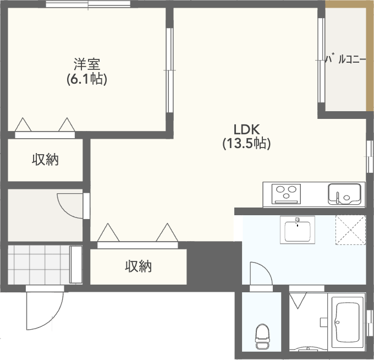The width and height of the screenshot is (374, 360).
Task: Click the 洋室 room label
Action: point(87,64)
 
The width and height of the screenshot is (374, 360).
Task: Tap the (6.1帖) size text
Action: point(87,79)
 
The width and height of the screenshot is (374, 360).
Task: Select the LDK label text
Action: point(246,129)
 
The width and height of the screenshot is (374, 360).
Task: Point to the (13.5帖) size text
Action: point(246,144)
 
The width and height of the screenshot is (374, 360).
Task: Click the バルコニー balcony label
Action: point(345,59)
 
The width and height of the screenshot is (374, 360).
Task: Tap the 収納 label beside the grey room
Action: point(45,160)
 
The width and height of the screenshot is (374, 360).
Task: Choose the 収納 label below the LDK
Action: point(139,266)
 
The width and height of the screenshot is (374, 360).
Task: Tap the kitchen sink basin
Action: point(344,194)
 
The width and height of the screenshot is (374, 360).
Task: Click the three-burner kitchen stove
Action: point(286,194)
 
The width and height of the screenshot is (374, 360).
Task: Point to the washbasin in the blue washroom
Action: point(298,230)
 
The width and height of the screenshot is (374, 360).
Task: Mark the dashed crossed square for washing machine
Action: point(351,230)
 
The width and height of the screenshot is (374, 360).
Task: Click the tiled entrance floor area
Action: point(38,265)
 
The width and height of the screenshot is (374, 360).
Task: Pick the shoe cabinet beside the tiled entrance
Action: point(76,265)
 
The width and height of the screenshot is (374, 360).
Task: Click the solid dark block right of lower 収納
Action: point(214,263)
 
